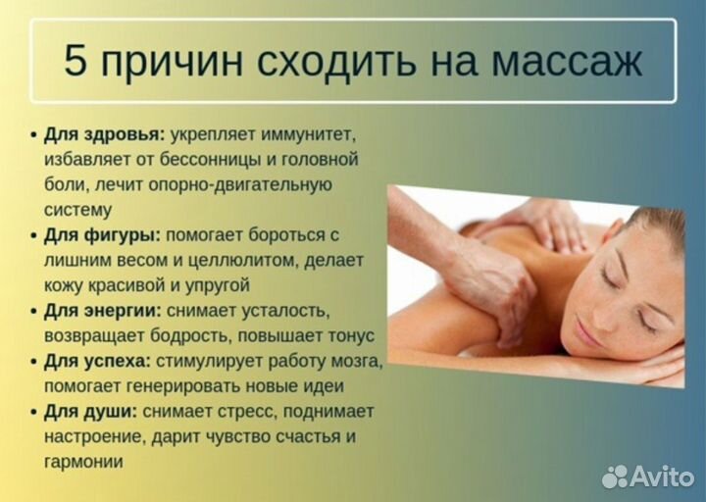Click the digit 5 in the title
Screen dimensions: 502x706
[76, 62]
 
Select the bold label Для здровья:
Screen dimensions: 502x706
[105, 133]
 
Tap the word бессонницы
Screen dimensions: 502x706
[232, 159]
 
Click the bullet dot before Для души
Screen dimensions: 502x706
[34, 412]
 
